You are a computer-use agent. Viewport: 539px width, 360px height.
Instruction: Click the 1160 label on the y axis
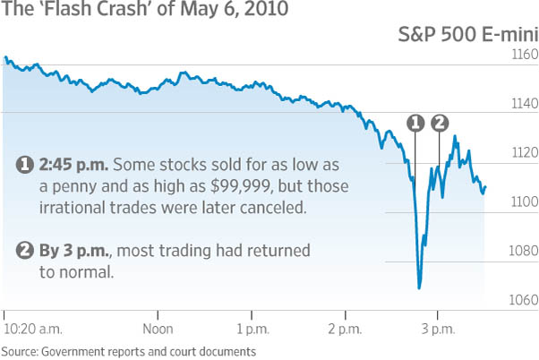point(524,55)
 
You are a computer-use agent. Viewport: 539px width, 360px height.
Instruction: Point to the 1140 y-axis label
point(524,104)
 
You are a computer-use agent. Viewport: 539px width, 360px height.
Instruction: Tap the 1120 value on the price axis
point(524,152)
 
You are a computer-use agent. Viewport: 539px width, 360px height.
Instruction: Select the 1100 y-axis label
point(524,201)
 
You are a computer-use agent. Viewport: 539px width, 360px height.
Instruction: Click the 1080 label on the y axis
point(524,251)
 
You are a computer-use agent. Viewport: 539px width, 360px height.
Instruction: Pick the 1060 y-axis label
point(524,300)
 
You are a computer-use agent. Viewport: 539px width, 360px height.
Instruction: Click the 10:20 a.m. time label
point(32,329)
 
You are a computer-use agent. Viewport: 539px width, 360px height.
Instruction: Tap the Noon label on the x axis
point(158,329)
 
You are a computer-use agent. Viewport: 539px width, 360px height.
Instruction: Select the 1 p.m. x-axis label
point(252,330)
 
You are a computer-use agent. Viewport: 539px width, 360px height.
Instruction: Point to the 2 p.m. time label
point(345,330)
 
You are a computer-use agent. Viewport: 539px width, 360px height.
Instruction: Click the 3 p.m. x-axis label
point(439,330)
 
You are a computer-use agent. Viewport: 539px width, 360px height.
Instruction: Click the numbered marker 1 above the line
point(415,123)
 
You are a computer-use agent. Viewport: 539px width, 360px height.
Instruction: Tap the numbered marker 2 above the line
point(440,123)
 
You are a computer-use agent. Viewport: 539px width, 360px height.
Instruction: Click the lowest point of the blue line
point(419,288)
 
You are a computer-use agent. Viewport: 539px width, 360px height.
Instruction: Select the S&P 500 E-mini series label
point(468,34)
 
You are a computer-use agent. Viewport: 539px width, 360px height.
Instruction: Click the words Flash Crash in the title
point(95,9)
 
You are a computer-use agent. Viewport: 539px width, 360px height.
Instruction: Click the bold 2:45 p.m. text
point(73,165)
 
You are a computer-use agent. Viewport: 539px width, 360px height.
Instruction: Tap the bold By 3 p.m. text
point(74,251)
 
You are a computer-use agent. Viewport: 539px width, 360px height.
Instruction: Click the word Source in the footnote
point(20,352)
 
